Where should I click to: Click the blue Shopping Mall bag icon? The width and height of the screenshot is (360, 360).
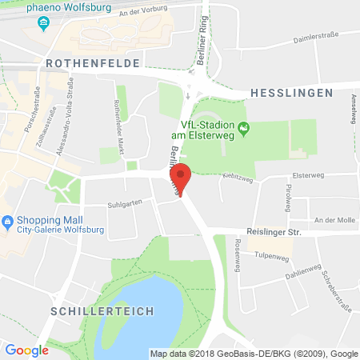point(8,221)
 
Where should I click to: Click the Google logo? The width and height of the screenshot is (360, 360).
point(26,350)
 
